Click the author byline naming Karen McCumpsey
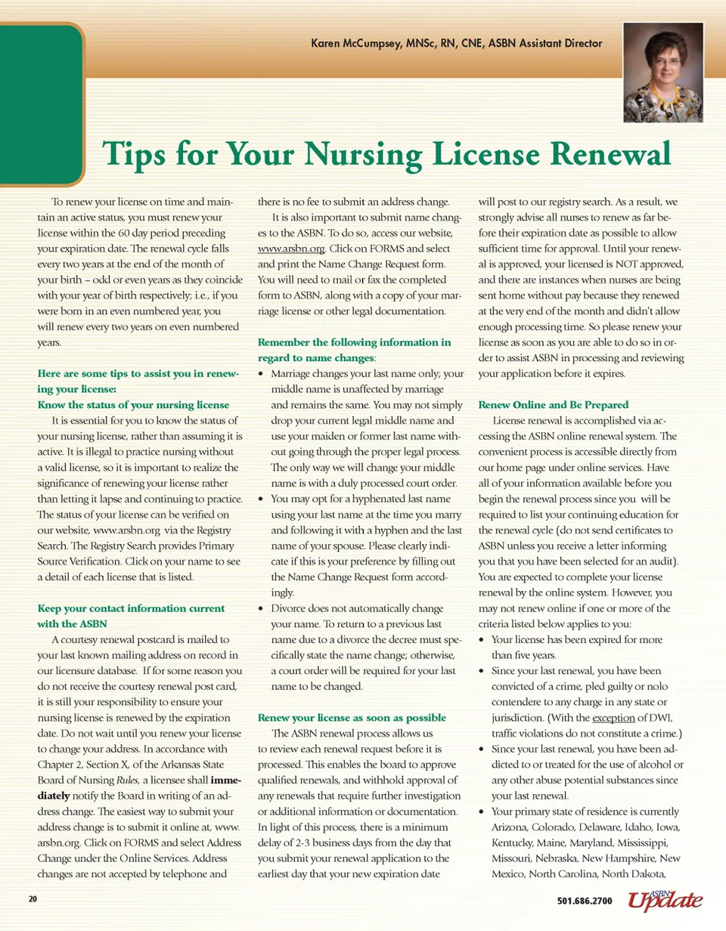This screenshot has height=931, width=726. pos(457,43)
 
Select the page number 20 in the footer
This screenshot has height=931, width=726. pos(33,900)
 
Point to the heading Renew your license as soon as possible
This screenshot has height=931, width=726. pos(352,717)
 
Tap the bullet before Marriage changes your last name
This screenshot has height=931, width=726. pos(262,374)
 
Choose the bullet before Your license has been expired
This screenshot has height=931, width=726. pos(483,639)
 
